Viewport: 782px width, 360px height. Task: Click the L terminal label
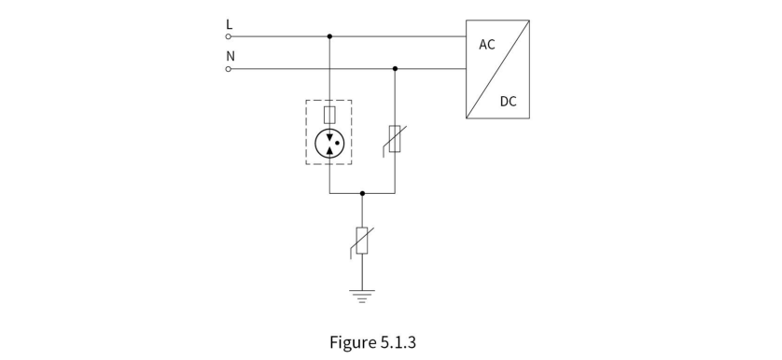pyautogui.click(x=229, y=24)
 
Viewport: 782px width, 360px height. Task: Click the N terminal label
pyautogui.click(x=230, y=56)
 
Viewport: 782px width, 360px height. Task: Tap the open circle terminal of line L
pyautogui.click(x=229, y=36)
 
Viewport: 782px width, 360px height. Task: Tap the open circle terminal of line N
pyautogui.click(x=229, y=69)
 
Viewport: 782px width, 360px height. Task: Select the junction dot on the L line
pyautogui.click(x=329, y=36)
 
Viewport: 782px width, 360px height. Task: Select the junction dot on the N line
pyautogui.click(x=395, y=68)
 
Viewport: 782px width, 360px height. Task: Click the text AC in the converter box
pyautogui.click(x=487, y=45)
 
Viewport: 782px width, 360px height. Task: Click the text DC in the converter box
pyautogui.click(x=509, y=102)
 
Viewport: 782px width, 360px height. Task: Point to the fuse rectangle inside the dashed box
pyautogui.click(x=329, y=115)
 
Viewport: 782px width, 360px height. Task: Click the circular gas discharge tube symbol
pyautogui.click(x=329, y=144)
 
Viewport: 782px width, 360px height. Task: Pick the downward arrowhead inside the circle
pyautogui.click(x=329, y=137)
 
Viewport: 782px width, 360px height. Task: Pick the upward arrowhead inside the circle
pyautogui.click(x=329, y=150)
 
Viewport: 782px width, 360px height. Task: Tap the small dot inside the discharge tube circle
pyautogui.click(x=337, y=144)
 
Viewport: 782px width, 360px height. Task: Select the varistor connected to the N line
pyautogui.click(x=395, y=139)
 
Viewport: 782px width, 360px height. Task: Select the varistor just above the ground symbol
pyautogui.click(x=362, y=241)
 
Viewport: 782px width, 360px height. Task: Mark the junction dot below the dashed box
pyautogui.click(x=363, y=193)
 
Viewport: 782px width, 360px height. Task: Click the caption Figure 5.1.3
pyautogui.click(x=372, y=342)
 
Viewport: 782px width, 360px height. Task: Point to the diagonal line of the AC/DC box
pyautogui.click(x=497, y=69)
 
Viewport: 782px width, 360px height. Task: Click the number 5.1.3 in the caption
pyautogui.click(x=398, y=342)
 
